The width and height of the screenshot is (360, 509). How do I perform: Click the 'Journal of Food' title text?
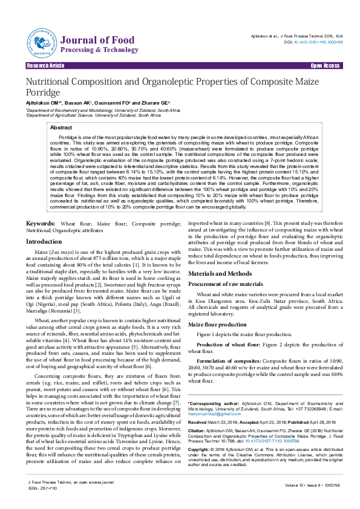[88, 40]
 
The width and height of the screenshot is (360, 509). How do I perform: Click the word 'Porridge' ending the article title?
[42, 93]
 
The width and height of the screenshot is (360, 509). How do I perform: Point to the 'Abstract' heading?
[61, 128]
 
